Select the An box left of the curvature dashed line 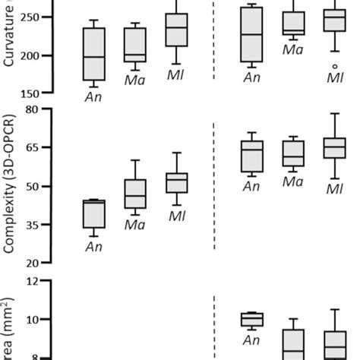coord(93,54)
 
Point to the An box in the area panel coord(251,319)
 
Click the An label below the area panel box coord(251,341)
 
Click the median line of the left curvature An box coord(93,57)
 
